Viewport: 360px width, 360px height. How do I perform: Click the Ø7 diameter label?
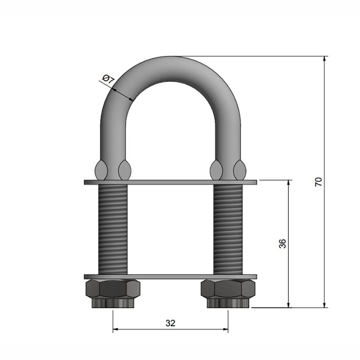tap(108, 79)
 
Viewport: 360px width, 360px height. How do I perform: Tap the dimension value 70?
tap(319, 182)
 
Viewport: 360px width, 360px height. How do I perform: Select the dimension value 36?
tap(283, 243)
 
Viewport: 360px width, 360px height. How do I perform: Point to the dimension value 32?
tap(171, 323)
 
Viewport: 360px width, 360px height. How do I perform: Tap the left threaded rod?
tap(113, 229)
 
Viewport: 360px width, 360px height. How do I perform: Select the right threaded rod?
tap(228, 229)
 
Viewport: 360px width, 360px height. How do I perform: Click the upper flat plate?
tap(171, 182)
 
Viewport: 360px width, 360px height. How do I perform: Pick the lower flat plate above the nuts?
tap(171, 277)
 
